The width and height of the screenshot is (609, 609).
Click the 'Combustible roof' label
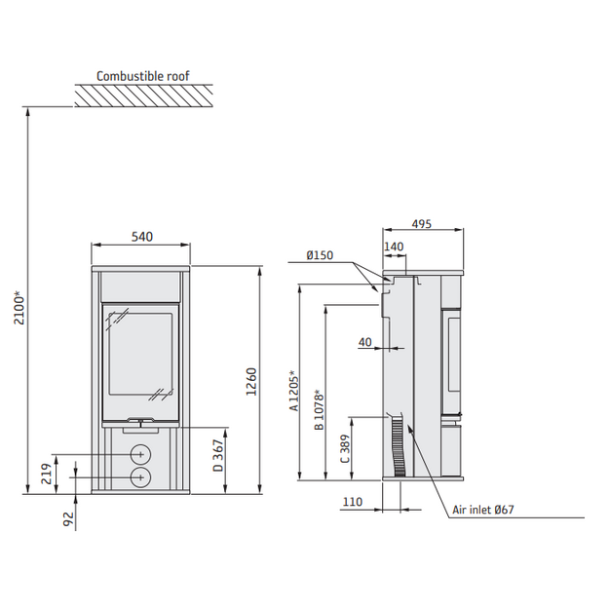(x=143, y=76)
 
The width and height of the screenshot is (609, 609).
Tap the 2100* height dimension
(x=19, y=310)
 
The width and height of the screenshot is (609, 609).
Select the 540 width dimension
(x=141, y=237)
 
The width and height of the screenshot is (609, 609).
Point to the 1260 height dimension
(x=251, y=382)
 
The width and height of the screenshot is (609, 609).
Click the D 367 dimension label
(x=218, y=456)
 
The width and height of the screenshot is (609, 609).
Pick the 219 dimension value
(x=46, y=474)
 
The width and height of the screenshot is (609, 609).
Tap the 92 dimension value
(x=68, y=519)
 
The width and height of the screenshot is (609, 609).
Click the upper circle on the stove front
(x=140, y=454)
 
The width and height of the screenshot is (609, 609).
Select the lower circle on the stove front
(x=140, y=476)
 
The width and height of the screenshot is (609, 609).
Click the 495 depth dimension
(x=421, y=224)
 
